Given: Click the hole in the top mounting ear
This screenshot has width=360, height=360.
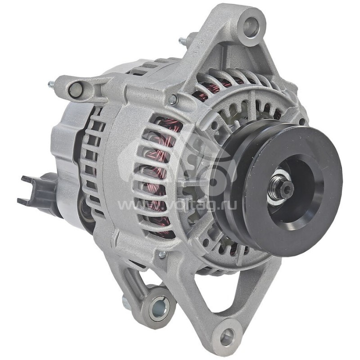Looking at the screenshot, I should click(251, 26).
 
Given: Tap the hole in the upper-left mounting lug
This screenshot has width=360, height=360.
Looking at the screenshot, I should click(75, 90).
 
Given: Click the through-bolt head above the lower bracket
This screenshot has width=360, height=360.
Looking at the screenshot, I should click(162, 255).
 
